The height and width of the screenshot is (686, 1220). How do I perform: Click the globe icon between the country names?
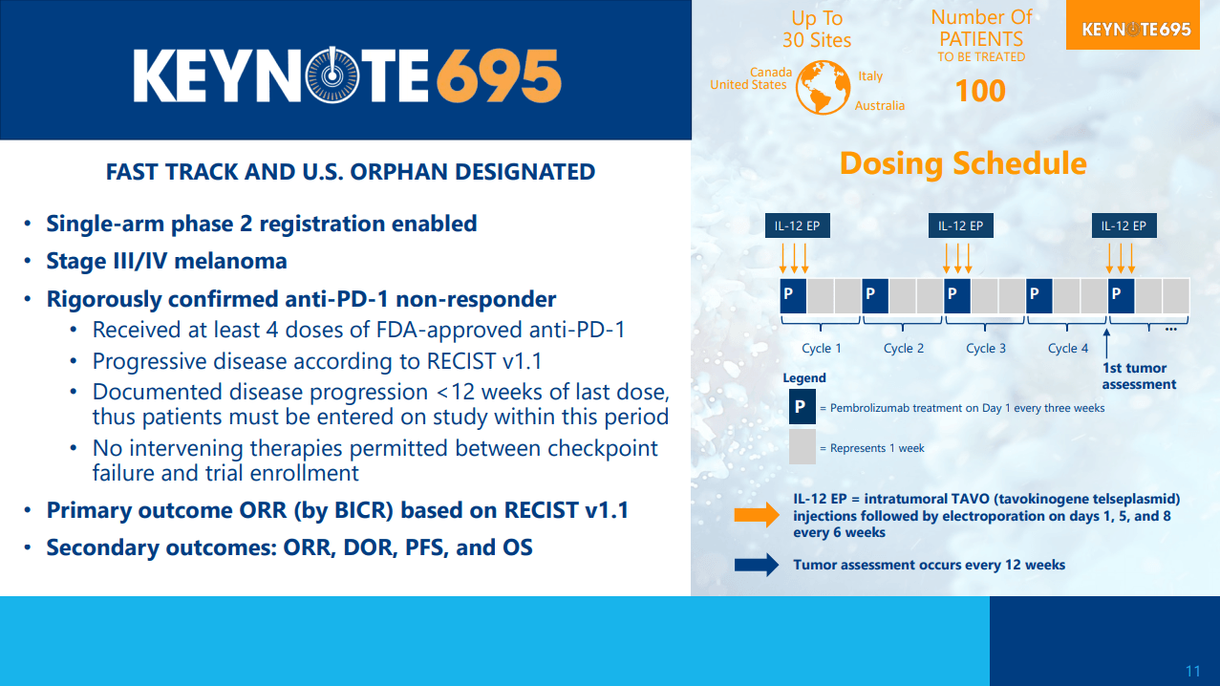click(823, 87)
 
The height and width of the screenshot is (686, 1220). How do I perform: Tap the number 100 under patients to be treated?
click(980, 91)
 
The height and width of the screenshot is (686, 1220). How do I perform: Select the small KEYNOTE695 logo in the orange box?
click(1136, 29)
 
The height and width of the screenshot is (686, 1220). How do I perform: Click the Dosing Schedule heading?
click(963, 163)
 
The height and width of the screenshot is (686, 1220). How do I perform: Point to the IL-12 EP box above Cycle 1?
click(798, 225)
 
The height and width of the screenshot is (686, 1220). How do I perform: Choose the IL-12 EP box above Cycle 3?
click(961, 225)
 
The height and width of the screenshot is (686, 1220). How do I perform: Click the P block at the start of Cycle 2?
click(875, 296)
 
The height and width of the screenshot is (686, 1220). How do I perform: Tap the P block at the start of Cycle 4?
click(1039, 296)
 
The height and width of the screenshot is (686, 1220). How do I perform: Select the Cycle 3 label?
click(986, 348)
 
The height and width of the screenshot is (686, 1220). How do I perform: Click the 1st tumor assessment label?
click(1139, 376)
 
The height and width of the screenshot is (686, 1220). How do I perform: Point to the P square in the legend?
click(803, 406)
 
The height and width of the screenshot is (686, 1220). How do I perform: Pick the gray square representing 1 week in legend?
click(803, 447)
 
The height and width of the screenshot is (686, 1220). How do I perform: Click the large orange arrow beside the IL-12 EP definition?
click(757, 515)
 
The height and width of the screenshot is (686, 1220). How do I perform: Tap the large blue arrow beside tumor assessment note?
click(757, 565)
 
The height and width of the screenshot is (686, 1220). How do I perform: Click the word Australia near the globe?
click(880, 106)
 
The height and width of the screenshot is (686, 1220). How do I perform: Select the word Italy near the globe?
click(870, 76)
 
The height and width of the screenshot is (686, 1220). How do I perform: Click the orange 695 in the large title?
click(499, 75)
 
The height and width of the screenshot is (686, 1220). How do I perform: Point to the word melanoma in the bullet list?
click(230, 261)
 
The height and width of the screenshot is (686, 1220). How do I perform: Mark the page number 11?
click(1192, 671)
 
